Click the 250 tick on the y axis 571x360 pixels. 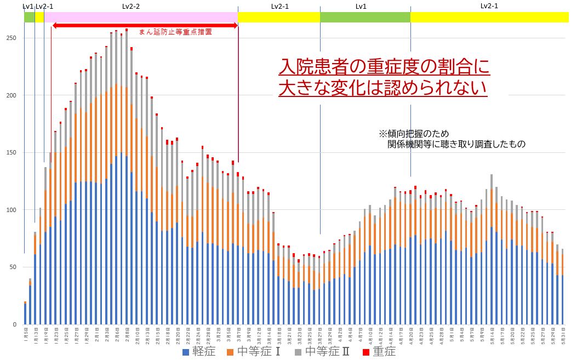tap(12, 38)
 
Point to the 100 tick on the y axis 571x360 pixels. tap(12, 210)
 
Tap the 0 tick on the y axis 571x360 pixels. tap(15, 324)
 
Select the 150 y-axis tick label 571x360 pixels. tap(12, 152)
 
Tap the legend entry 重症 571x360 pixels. tap(380, 352)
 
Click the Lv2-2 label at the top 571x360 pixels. tap(131, 6)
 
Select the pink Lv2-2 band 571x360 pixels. tap(141, 17)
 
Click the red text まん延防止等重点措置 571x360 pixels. tap(175, 32)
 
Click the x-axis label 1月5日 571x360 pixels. tap(26, 334)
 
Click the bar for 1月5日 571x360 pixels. tap(25, 313)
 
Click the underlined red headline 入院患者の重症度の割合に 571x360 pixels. tap(384, 67)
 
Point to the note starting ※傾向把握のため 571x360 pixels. tap(414, 134)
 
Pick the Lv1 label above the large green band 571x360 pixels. tap(361, 6)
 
